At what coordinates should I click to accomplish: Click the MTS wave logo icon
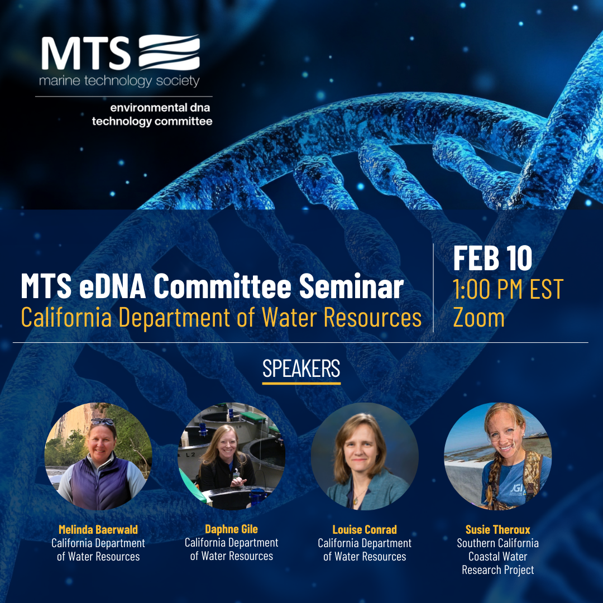coord(169,52)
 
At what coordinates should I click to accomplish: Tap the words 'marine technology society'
coord(119,81)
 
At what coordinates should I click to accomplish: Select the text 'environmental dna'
coord(160,108)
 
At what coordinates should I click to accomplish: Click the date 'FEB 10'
coord(492,258)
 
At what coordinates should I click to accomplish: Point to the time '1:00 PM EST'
coord(508,289)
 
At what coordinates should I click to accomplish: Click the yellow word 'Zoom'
coord(479,318)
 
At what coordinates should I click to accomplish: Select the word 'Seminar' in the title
coord(351,286)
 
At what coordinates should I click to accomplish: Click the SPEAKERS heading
coord(301,368)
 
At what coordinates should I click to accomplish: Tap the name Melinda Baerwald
coord(98,529)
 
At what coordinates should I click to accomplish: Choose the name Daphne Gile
coord(232,529)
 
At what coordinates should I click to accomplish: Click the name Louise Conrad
coord(365,529)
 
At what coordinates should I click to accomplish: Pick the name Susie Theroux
coord(498,529)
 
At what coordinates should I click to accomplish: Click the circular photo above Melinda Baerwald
coord(98,457)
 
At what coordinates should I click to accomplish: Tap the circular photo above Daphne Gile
coord(232,457)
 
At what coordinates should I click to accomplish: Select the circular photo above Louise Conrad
coord(365,457)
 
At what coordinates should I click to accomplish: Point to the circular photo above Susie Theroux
coord(498,457)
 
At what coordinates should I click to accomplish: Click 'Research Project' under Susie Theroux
coord(498,570)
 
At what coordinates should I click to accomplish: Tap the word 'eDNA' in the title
coord(112,286)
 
